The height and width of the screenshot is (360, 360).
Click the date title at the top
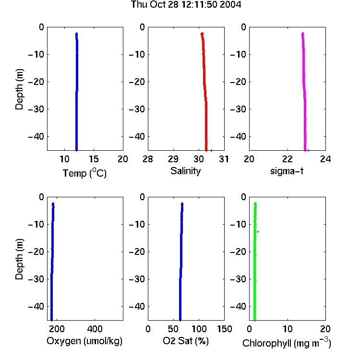pyautogui.click(x=186, y=4)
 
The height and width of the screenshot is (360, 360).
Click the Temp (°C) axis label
pyautogui.click(x=84, y=173)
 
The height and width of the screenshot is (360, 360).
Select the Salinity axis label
pyautogui.click(x=185, y=171)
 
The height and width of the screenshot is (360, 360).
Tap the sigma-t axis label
pyautogui.click(x=287, y=171)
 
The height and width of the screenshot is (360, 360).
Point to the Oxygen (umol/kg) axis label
pyautogui.click(x=84, y=341)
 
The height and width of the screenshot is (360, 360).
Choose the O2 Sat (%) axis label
pyautogui.click(x=186, y=341)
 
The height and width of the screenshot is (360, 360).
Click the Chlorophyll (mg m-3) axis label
pyautogui.click(x=287, y=343)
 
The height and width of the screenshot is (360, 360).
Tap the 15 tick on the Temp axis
pyautogui.click(x=94, y=159)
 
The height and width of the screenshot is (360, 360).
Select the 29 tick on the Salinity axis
pyautogui.click(x=173, y=159)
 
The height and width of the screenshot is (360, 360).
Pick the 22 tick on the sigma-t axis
pyautogui.click(x=288, y=159)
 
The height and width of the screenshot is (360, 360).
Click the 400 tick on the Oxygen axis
pyautogui.click(x=95, y=329)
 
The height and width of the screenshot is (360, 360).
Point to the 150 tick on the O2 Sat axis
pyautogui.click(x=224, y=329)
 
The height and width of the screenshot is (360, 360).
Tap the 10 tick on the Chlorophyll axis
pyautogui.click(x=288, y=329)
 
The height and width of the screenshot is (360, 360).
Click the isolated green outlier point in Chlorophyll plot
pyautogui.click(x=258, y=231)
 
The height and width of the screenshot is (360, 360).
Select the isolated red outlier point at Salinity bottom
pyautogui.click(x=211, y=151)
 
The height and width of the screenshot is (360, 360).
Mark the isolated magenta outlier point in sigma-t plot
pyautogui.click(x=308, y=151)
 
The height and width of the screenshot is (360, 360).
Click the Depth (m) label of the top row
pyautogui.click(x=19, y=89)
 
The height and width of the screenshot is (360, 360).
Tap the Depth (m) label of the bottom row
pyautogui.click(x=19, y=259)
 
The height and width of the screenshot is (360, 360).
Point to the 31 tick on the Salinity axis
pyautogui.click(x=224, y=159)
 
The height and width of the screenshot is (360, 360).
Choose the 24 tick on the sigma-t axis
pyautogui.click(x=325, y=159)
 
